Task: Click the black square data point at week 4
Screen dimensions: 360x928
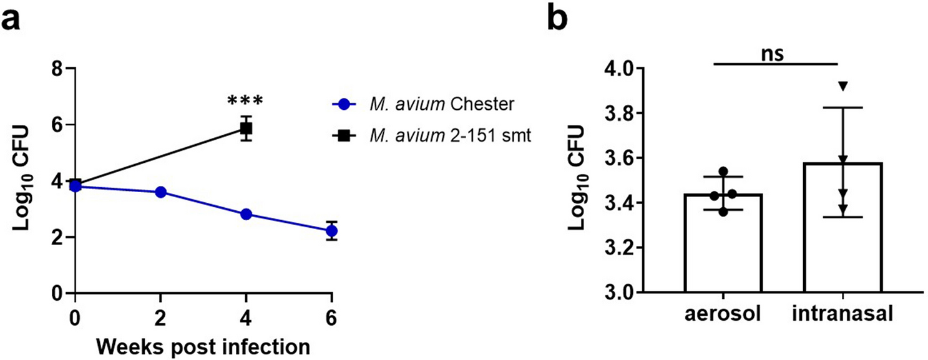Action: [246, 129]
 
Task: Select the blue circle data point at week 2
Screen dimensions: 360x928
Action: [160, 192]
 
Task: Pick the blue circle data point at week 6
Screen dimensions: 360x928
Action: [331, 231]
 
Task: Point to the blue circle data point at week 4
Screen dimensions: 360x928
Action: [246, 215]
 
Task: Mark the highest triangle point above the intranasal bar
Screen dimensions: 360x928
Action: [843, 86]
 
